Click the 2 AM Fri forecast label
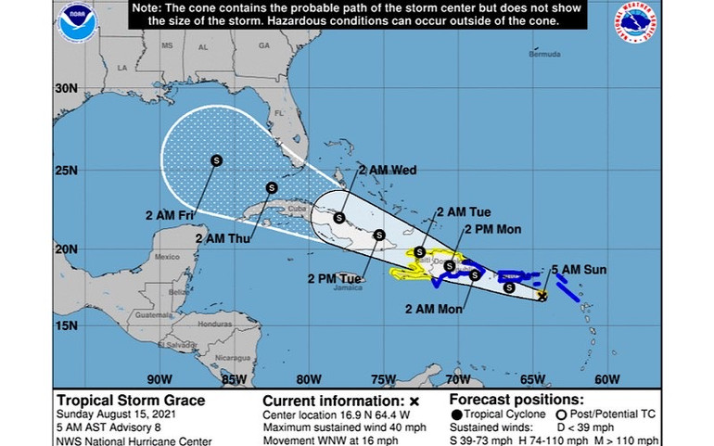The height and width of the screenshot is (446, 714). (x=171, y=216)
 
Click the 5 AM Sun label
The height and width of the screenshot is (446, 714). (x=579, y=269)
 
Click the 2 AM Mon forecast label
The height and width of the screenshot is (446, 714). (x=437, y=307)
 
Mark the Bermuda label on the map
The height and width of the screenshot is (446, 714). (x=544, y=55)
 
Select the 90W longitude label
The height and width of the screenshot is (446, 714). (x=159, y=378)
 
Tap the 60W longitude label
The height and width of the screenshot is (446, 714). (x=606, y=378)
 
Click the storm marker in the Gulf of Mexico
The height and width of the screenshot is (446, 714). (x=216, y=159)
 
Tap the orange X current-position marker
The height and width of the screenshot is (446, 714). (x=542, y=296)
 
